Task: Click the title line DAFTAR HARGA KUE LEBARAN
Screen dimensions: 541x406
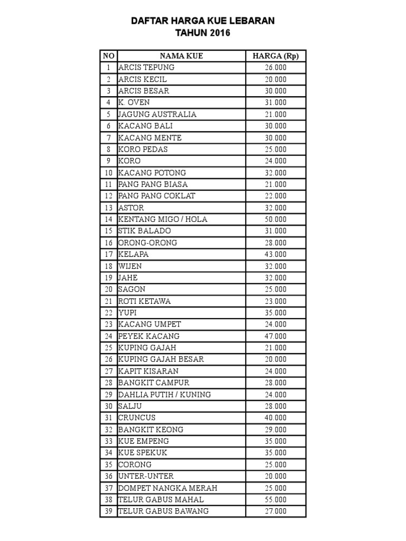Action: point(203,21)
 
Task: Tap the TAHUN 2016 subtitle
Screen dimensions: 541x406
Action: point(203,33)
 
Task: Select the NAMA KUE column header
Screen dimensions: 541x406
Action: point(181,56)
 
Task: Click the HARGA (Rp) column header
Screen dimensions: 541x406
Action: point(275,56)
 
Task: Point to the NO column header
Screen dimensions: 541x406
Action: point(108,56)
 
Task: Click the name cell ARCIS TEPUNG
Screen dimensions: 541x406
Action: point(146,68)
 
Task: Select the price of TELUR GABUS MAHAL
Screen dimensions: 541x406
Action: point(275,499)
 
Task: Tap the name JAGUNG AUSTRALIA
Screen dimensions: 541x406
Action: point(158,114)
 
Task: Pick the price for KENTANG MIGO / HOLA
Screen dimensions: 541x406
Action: point(275,219)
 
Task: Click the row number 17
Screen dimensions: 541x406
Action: point(108,254)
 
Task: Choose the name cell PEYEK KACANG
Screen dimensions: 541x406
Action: point(149,336)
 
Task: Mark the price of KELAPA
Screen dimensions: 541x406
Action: point(275,254)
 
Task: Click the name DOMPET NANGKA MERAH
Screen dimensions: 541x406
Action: point(168,488)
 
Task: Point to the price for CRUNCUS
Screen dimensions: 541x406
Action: point(275,417)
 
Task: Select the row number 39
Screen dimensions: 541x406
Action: point(108,511)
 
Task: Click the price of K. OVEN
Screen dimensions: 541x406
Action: point(275,102)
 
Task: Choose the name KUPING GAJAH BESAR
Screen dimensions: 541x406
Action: point(161,359)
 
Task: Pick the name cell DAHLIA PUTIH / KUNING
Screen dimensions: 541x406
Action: point(165,394)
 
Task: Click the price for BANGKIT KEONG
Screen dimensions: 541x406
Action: point(275,430)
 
